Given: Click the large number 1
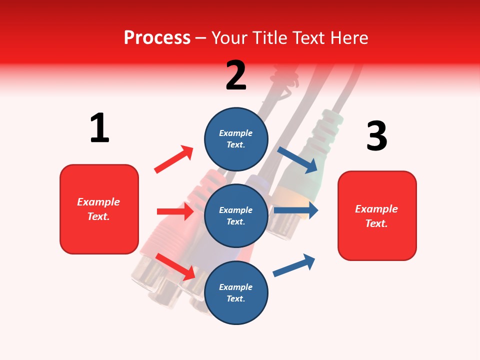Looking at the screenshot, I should [x=99, y=128].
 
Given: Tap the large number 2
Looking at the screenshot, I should [x=236, y=75].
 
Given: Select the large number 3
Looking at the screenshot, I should [x=377, y=136].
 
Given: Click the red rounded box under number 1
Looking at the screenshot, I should [x=99, y=209].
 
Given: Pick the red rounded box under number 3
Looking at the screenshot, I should [x=377, y=215].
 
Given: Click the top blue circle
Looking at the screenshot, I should [x=236, y=138].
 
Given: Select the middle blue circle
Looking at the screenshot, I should [x=236, y=215].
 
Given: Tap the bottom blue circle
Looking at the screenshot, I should [x=236, y=292].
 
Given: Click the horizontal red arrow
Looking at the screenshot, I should [x=175, y=211].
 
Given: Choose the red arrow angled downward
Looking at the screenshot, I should [x=175, y=266].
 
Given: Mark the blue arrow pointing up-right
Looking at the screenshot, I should [x=294, y=265].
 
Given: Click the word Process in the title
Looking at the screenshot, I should [x=157, y=37].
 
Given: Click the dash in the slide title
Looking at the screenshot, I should [x=201, y=38].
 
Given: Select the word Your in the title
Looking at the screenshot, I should [x=229, y=37].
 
